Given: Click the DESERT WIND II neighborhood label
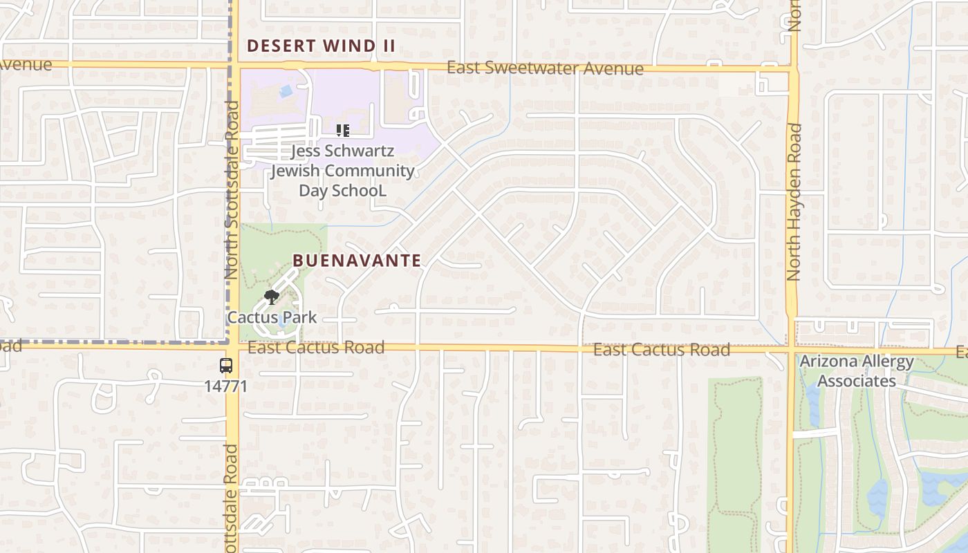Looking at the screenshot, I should [x=322, y=46].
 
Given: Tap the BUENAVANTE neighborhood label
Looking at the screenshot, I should [x=357, y=261].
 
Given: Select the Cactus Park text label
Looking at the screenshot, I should [x=272, y=318].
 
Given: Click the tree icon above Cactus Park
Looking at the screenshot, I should [x=272, y=298].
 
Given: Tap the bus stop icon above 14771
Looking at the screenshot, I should [x=226, y=366].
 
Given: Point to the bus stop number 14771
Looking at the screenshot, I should [x=225, y=386].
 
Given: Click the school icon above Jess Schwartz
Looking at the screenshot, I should [x=342, y=130].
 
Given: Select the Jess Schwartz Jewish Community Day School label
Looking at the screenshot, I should [x=342, y=170].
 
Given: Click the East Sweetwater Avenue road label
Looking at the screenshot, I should [x=545, y=68].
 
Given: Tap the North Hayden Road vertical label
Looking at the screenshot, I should [x=794, y=202].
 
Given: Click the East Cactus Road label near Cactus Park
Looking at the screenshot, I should [x=316, y=347].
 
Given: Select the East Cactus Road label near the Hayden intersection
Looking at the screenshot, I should [x=662, y=350].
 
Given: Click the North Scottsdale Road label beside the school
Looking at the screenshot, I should [x=232, y=190].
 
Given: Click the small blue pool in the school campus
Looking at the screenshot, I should [x=285, y=91].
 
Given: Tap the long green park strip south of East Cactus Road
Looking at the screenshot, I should [x=734, y=463].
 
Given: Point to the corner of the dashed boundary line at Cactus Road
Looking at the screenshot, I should [x=227, y=341].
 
